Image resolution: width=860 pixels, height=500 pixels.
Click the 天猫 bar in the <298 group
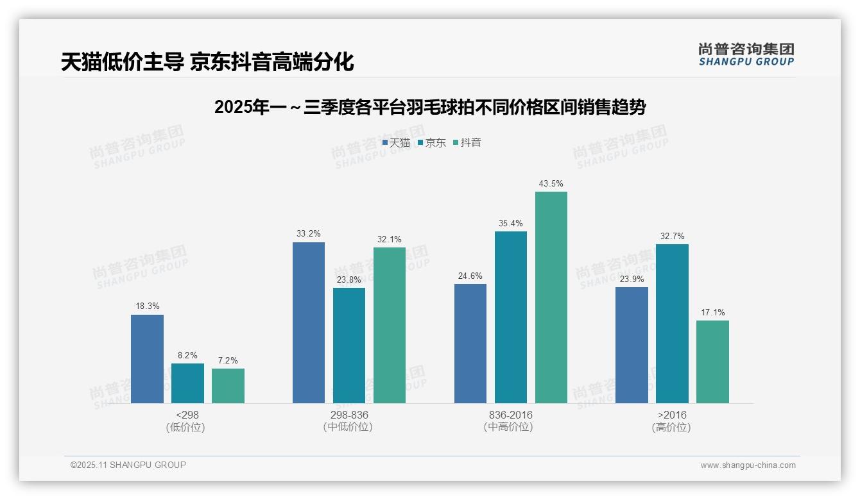(147, 359)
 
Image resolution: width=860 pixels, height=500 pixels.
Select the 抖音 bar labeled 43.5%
(551, 297)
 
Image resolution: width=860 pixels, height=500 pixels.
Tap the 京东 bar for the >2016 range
(672, 324)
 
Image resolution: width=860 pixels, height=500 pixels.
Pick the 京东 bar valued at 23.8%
(349, 346)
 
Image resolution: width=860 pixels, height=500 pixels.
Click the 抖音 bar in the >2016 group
(712, 362)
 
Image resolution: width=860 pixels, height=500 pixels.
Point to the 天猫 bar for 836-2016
(470, 344)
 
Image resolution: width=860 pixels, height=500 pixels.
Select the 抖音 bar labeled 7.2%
(228, 386)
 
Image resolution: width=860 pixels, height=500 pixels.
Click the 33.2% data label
(309, 234)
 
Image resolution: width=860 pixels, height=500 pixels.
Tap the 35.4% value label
(511, 223)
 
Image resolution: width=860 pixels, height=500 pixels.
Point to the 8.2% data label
(187, 355)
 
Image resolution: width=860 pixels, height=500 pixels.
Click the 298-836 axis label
(349, 415)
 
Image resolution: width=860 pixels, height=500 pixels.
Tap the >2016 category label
(672, 415)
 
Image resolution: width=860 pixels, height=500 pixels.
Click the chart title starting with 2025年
(430, 107)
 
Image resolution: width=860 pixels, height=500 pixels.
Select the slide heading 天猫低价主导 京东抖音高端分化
(207, 62)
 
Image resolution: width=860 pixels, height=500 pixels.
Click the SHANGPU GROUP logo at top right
(746, 54)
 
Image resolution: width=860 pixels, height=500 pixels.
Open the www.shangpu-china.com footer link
(748, 465)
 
